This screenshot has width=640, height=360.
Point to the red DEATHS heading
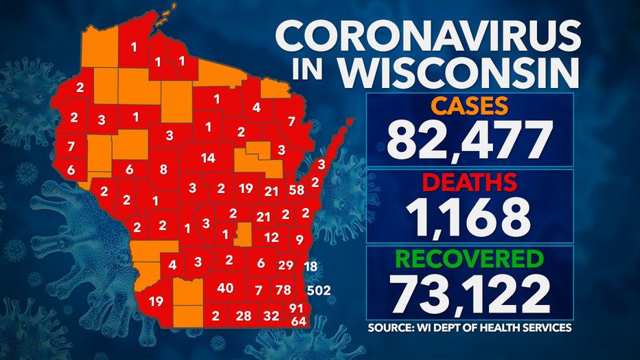click(469, 182)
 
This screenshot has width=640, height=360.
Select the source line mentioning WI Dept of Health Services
click(470, 328)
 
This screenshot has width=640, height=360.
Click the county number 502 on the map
click(320, 290)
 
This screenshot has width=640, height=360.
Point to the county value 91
click(297, 307)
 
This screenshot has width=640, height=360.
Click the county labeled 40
click(225, 288)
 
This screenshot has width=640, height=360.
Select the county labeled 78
click(282, 290)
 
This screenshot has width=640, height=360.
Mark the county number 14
click(208, 158)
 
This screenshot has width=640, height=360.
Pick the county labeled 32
click(271, 316)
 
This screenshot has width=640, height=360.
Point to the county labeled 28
click(243, 316)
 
